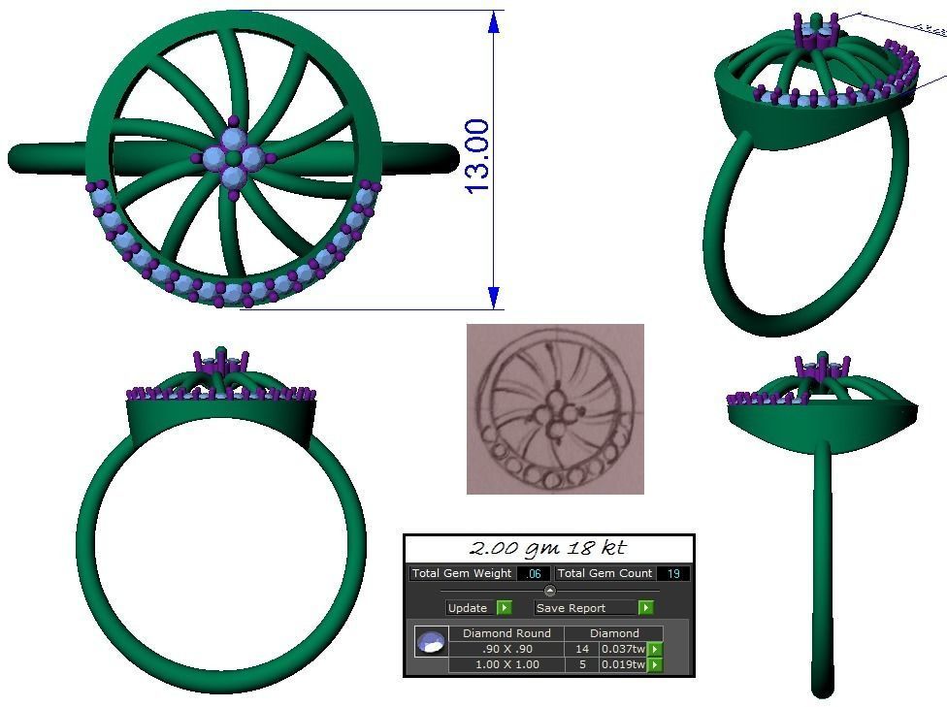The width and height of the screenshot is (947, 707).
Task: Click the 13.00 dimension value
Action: point(476,156)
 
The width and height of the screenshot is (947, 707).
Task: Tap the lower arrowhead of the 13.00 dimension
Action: point(494,297)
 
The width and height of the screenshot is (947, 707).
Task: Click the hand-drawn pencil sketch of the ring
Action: point(555,408)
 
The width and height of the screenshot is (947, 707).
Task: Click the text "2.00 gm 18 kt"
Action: point(548,549)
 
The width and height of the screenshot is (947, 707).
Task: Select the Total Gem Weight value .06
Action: point(533,573)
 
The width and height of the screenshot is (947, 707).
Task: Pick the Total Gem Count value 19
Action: point(673,573)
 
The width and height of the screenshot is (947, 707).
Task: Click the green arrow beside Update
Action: point(504,608)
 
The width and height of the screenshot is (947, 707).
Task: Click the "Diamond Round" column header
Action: point(506,633)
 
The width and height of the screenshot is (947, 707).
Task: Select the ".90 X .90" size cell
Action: point(506,649)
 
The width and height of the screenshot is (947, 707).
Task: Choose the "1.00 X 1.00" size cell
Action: point(506,664)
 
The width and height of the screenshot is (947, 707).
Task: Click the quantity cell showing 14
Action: point(582,649)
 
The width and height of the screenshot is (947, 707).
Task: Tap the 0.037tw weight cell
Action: point(623,649)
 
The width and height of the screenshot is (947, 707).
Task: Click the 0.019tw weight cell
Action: point(623,664)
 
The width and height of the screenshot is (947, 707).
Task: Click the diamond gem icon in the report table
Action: point(430,642)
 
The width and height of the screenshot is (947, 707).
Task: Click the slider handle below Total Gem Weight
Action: point(550,591)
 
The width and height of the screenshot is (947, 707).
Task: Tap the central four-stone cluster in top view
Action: point(234,157)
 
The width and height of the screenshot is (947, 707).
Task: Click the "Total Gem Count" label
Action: point(604,573)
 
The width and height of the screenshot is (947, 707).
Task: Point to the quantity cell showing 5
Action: point(582,664)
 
